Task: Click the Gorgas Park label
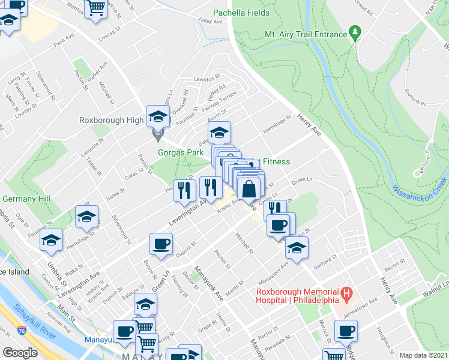point(181,152)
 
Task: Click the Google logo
point(20,353)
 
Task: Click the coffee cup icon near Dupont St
point(161,244)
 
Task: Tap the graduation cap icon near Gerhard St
point(297,247)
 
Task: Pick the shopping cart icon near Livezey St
point(95,8)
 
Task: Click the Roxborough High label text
point(111,120)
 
